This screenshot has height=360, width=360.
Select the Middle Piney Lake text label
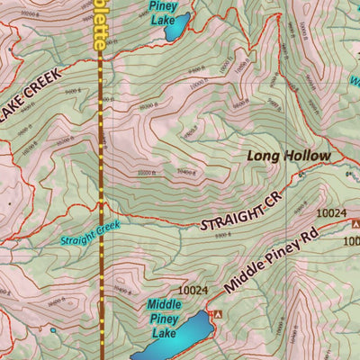[165, 319]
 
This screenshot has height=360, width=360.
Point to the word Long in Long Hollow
[265, 157]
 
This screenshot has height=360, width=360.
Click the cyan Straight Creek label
[90, 235]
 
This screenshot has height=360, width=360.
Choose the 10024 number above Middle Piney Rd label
[332, 213]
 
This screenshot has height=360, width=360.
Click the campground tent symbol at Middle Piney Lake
[215, 313]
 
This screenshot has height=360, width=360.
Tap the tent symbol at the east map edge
[355, 222]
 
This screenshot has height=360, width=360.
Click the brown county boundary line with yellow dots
[101, 162]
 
